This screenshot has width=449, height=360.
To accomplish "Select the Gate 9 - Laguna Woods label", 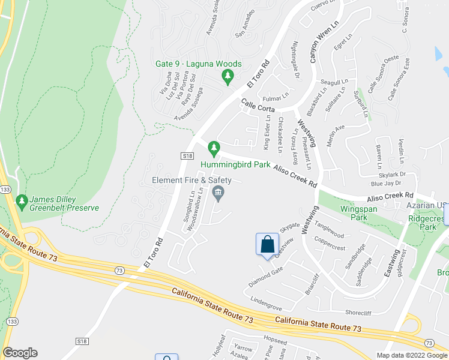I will [x=199, y=64].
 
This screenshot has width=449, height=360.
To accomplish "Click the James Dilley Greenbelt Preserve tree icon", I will [x=22, y=199].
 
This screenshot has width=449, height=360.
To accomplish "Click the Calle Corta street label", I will [x=258, y=106].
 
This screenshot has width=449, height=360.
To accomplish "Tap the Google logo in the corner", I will [x=20, y=353].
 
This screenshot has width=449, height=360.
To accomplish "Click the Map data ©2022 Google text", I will [x=412, y=355].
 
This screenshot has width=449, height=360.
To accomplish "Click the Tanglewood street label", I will [x=330, y=231].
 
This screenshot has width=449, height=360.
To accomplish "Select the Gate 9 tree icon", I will [x=228, y=77].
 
